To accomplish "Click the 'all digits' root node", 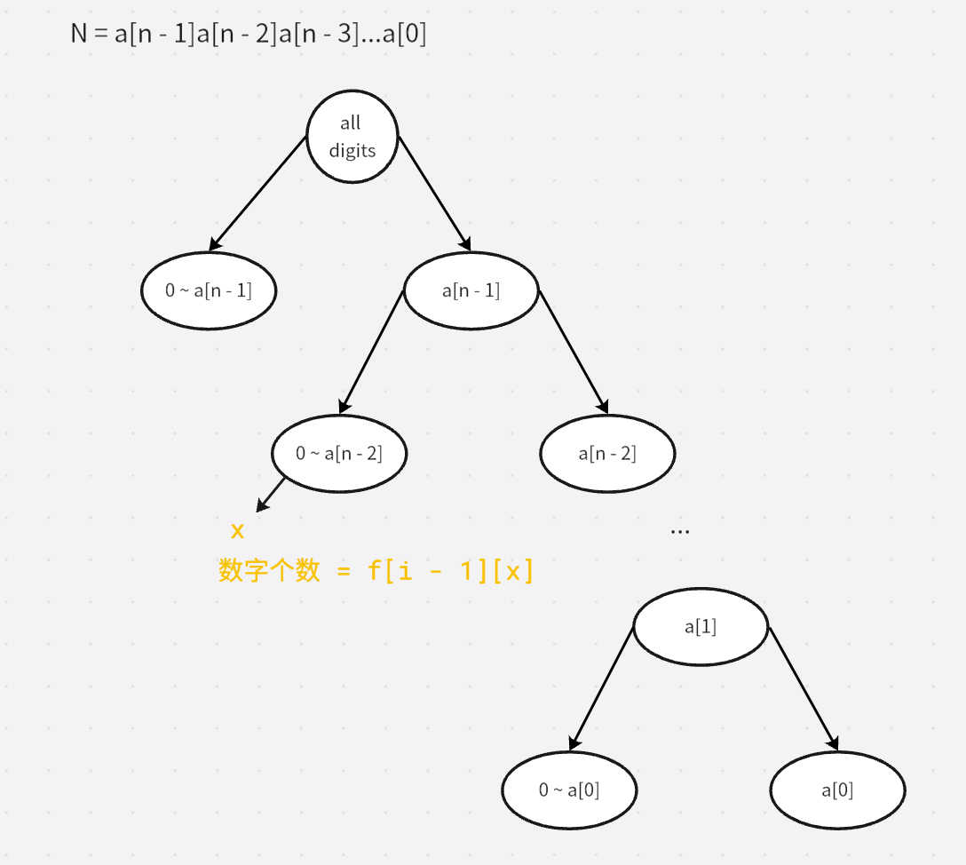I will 352,137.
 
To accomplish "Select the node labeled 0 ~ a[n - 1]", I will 209,290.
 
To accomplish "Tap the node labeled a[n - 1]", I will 471,290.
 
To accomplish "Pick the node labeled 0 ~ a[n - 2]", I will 339,454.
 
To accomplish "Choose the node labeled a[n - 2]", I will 607,454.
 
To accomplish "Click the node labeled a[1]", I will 701,626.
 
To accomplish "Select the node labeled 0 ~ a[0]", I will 569,790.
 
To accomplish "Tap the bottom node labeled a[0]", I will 837,790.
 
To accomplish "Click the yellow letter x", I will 237,531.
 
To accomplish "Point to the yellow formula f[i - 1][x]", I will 450,571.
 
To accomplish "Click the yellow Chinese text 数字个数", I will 269,571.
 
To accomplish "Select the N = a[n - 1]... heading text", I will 249,35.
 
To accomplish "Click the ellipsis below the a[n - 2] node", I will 680,531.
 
